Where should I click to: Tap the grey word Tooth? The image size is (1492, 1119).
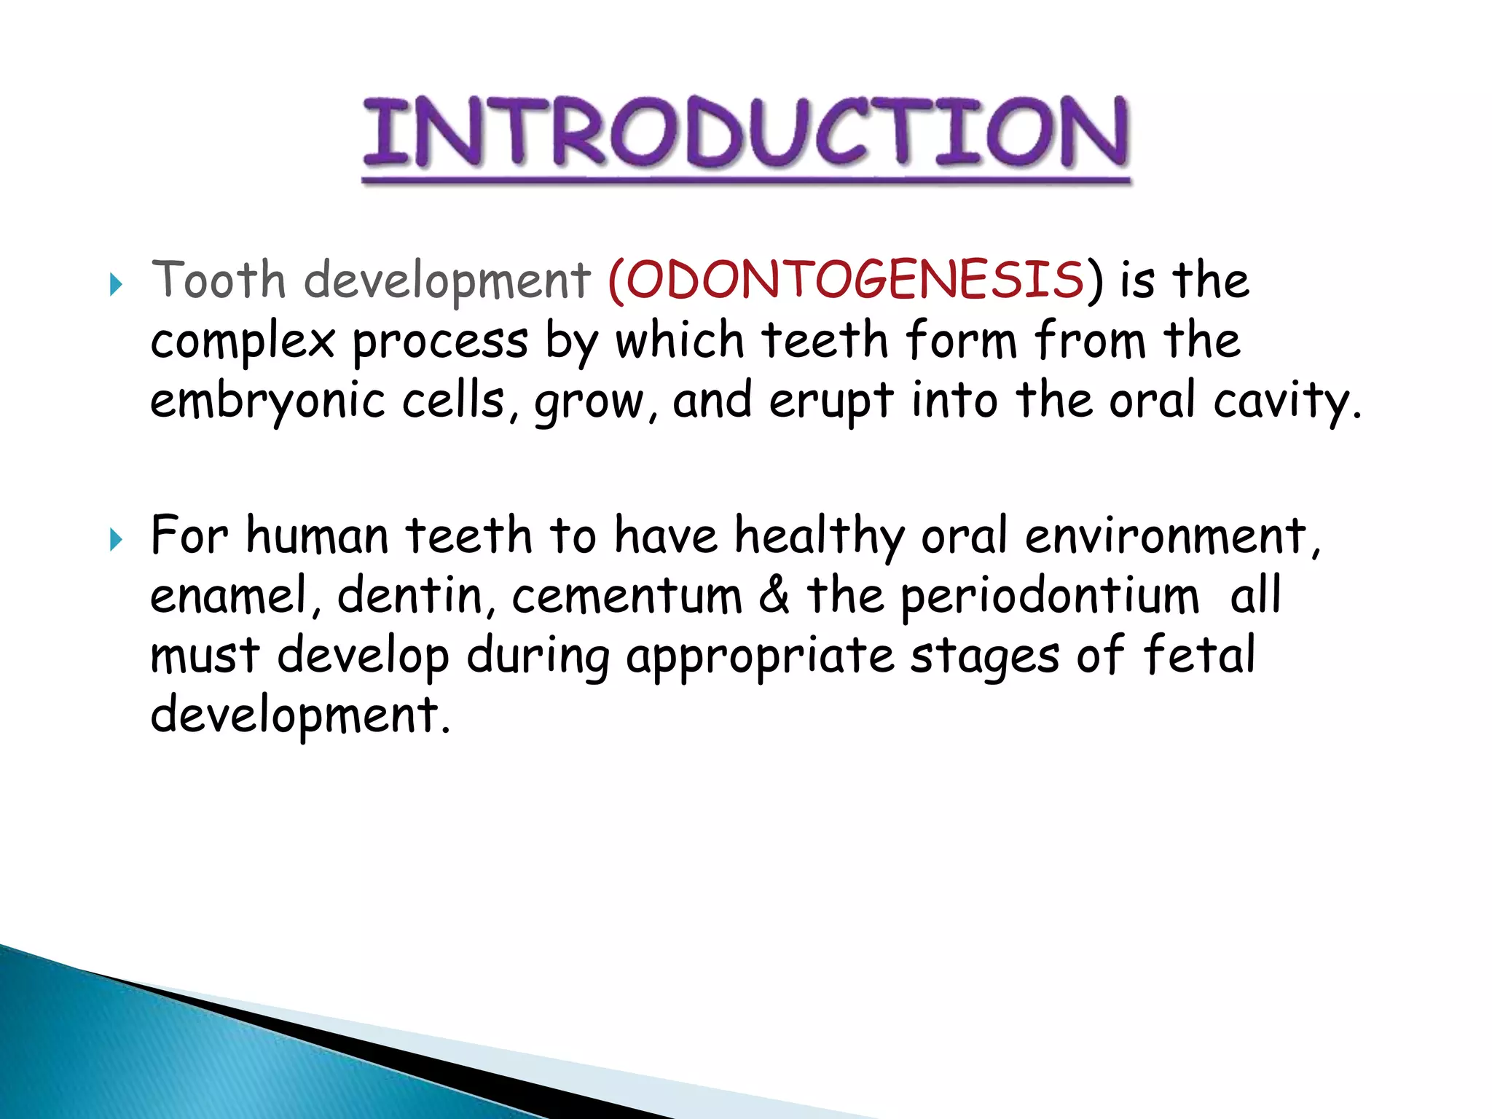(x=218, y=280)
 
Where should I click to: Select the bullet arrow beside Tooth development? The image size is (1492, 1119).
(x=115, y=284)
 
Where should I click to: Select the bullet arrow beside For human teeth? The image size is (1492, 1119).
(x=115, y=540)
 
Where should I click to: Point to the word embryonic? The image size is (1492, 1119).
(x=267, y=401)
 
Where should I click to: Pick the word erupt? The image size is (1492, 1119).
(x=831, y=401)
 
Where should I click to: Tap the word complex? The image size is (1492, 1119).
(x=242, y=341)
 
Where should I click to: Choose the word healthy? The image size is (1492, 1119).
(x=819, y=536)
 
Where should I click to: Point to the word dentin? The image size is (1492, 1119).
(x=410, y=596)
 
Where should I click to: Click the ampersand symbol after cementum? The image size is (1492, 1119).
(x=774, y=594)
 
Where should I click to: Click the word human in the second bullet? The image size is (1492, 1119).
(x=317, y=536)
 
